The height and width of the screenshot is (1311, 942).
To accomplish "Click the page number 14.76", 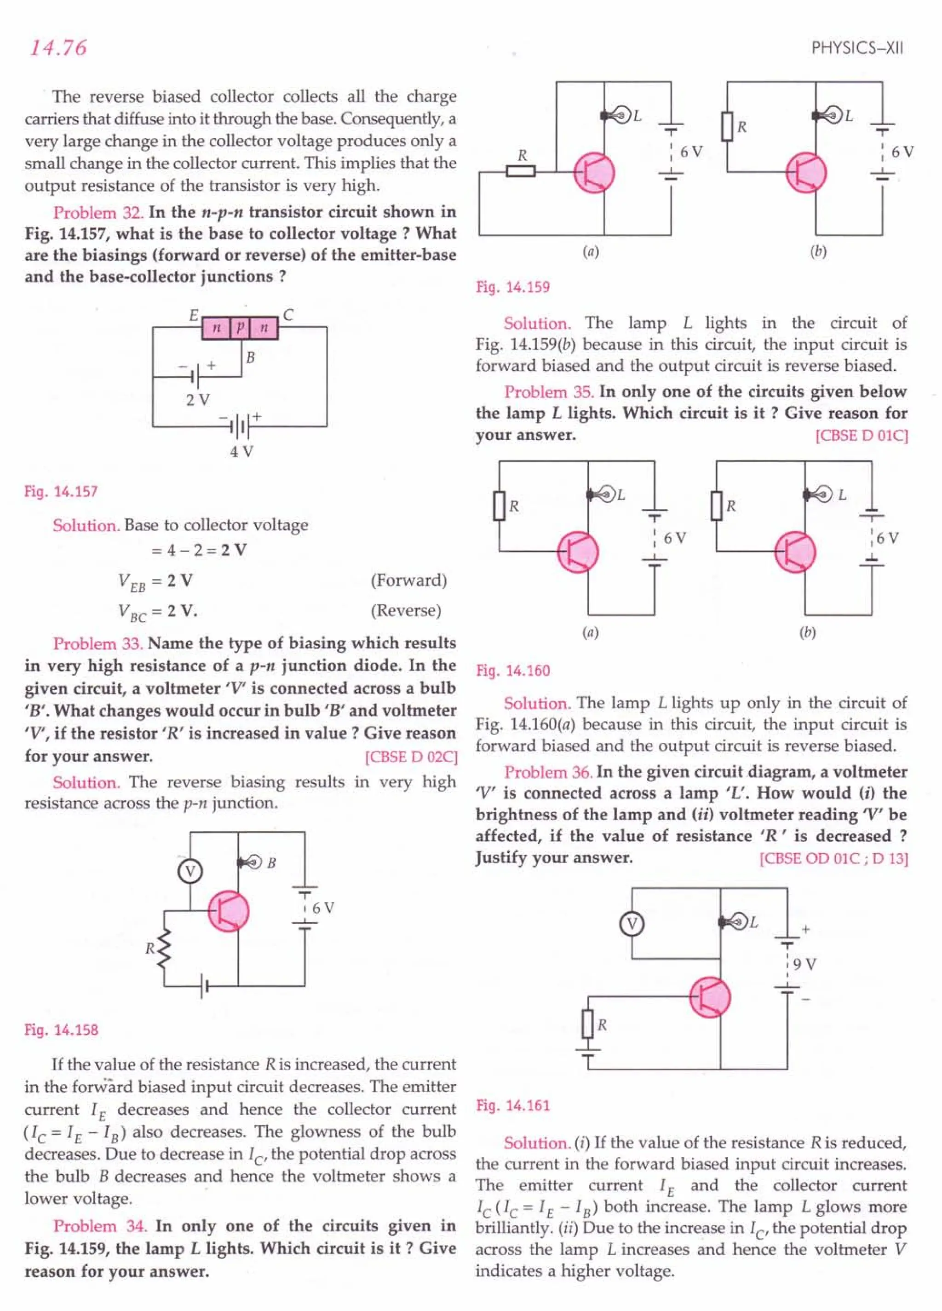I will click(58, 48).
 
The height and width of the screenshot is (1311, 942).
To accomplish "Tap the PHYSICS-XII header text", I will click(856, 48).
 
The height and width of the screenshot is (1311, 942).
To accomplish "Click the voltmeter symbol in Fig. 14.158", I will click(190, 871).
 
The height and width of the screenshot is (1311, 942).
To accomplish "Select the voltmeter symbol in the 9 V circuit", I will click(632, 924).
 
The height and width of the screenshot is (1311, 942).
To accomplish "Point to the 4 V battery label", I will click(241, 451).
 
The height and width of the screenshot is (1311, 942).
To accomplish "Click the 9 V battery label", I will click(804, 964).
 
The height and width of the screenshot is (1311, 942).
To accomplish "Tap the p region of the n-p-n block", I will click(240, 328).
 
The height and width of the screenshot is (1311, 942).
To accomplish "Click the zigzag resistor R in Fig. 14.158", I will click(164, 949).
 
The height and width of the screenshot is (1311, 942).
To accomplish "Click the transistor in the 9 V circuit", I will click(710, 996).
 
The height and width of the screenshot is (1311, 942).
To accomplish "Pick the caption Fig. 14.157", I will click(61, 492).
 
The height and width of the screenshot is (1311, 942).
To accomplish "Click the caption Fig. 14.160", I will click(513, 670).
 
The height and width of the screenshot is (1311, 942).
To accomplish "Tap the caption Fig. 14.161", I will click(513, 1106).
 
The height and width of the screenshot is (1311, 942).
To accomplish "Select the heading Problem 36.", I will click(548, 772).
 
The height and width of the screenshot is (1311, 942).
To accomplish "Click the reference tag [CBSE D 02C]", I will click(411, 757).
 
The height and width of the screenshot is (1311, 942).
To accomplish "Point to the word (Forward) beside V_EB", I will click(409, 580).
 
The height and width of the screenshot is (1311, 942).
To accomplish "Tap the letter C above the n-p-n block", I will click(288, 315).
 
